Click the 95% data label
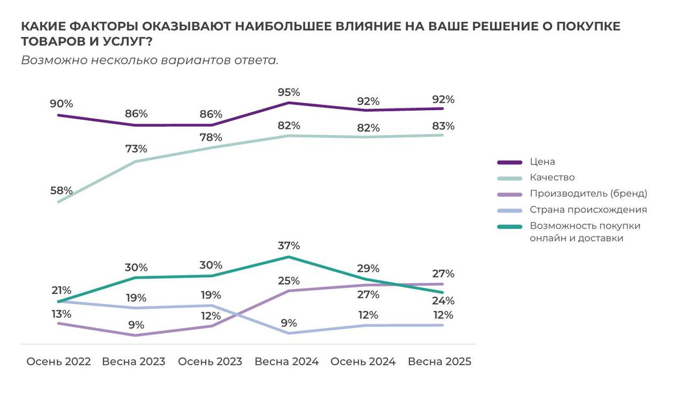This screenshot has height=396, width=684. [288, 92]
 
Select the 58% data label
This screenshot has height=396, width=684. [61, 191]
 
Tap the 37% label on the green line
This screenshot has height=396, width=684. [288, 246]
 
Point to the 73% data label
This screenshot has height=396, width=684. [136, 149]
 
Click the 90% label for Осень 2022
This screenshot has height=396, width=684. [61, 104]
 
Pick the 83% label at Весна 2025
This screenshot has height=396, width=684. [443, 126]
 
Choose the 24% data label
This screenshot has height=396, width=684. [443, 301]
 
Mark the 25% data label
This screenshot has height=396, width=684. [288, 281]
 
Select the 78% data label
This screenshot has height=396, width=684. [211, 138]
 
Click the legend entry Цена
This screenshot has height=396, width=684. [541, 162]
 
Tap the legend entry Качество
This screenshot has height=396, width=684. [552, 177]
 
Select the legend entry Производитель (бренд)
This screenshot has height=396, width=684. [588, 193]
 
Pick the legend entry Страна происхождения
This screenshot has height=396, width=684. [588, 209]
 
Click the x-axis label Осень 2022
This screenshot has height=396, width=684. [59, 362]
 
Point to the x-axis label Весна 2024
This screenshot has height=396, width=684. [287, 362]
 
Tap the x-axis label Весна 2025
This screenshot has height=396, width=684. [440, 362]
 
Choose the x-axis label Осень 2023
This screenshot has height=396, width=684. [210, 362]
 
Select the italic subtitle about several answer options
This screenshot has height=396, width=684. [150, 60]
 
